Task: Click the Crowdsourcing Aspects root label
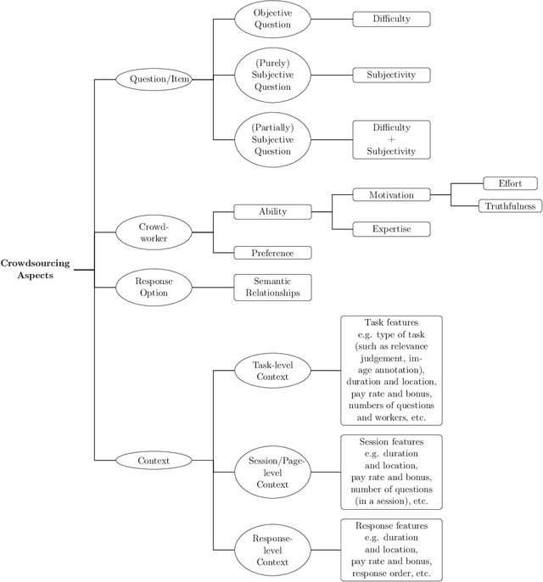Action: click(35, 270)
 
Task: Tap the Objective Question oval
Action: click(272, 19)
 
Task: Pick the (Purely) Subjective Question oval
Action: click(272, 75)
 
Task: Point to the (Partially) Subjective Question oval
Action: click(272, 140)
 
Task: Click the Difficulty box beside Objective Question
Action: click(391, 19)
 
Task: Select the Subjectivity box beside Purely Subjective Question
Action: click(391, 75)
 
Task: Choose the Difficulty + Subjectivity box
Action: click(391, 140)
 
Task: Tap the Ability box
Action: click(272, 211)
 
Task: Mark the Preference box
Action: click(272, 252)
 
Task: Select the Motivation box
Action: click(391, 195)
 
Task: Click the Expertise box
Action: click(391, 229)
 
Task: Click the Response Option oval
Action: click(154, 287)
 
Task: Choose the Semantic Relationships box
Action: click(272, 287)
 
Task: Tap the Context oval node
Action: click(154, 461)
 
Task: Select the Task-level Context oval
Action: click(271, 371)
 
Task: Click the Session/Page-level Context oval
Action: click(271, 473)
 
